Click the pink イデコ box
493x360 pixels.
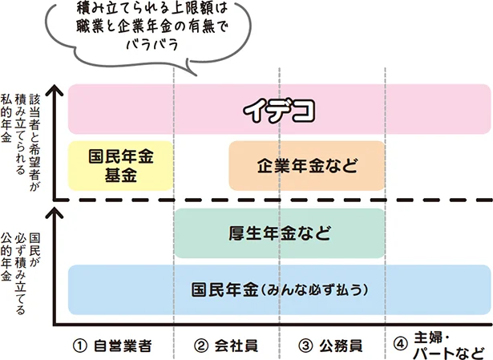[280, 108]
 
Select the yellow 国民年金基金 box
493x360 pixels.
[120, 165]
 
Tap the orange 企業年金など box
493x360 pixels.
[307, 165]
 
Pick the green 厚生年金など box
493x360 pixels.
[279, 233]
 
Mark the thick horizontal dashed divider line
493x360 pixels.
[273, 200]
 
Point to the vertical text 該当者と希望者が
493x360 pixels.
[34, 140]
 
